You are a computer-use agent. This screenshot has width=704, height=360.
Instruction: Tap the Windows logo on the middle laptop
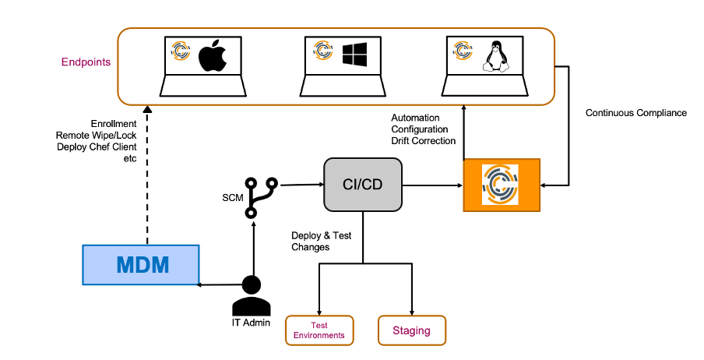pyautogui.click(x=355, y=55)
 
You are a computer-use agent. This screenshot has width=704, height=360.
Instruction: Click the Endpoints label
pyautogui.click(x=86, y=62)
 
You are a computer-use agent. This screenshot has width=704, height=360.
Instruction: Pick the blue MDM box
pyautogui.click(x=141, y=264)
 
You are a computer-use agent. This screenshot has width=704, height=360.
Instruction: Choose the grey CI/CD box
pyautogui.click(x=363, y=185)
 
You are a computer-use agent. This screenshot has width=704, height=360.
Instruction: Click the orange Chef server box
pyautogui.click(x=502, y=185)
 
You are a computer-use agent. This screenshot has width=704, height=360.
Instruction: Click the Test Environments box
pyautogui.click(x=319, y=330)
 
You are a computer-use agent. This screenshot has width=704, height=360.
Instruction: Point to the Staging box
pyautogui.click(x=411, y=330)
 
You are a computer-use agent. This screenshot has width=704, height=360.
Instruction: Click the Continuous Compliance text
pyautogui.click(x=635, y=113)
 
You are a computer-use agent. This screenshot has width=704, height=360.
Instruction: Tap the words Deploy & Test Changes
pyautogui.click(x=322, y=241)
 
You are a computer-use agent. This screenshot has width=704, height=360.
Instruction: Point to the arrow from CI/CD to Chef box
pyautogui.click(x=432, y=185)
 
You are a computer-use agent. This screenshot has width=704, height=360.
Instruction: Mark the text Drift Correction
pyautogui.click(x=424, y=141)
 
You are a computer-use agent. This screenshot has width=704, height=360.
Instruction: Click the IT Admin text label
pyautogui.click(x=251, y=321)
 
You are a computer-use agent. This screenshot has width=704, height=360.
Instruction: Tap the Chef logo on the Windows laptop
pyautogui.click(x=323, y=51)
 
